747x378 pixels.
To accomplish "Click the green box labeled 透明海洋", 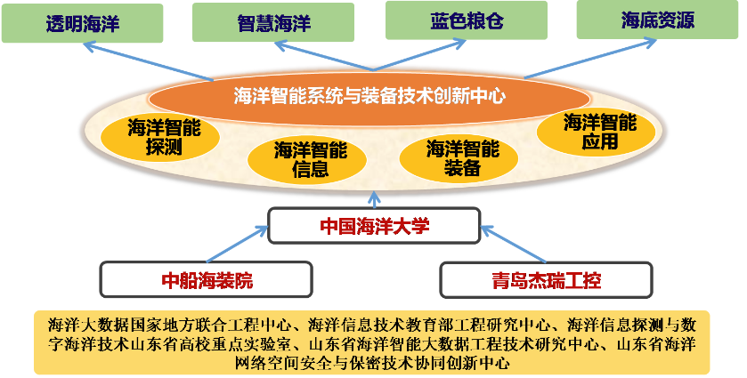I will pyautogui.click(x=82, y=23).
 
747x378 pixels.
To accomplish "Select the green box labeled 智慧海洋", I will pyautogui.click(x=274, y=23).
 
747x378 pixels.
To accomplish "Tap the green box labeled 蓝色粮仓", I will pyautogui.click(x=464, y=20).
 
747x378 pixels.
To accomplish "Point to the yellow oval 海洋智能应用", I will pyautogui.click(x=599, y=133).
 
